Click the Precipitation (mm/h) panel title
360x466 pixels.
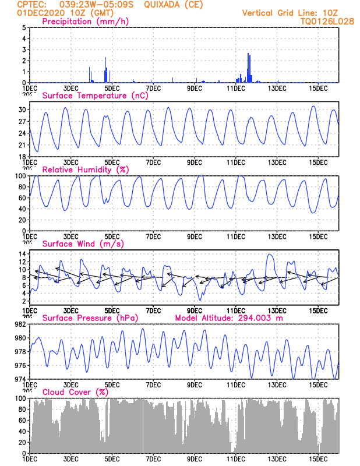tap(85, 22)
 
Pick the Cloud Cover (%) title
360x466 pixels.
tap(76, 392)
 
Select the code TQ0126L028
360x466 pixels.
tap(319, 21)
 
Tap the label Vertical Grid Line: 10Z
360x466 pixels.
tap(291, 13)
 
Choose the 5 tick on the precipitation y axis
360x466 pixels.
tap(23, 27)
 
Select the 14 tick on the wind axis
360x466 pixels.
tap(22, 254)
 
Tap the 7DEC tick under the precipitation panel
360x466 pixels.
tap(153, 88)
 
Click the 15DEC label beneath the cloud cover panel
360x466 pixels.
tap(319, 458)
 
